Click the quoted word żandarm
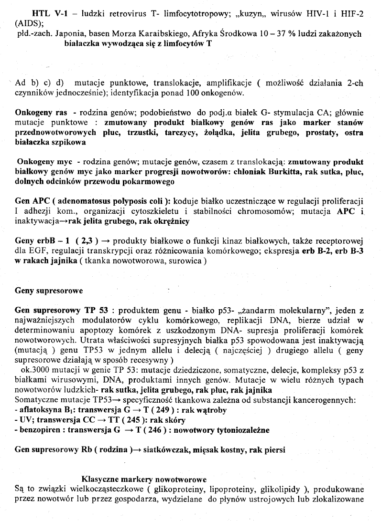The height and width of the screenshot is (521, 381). pyautogui.click(x=254, y=310)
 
